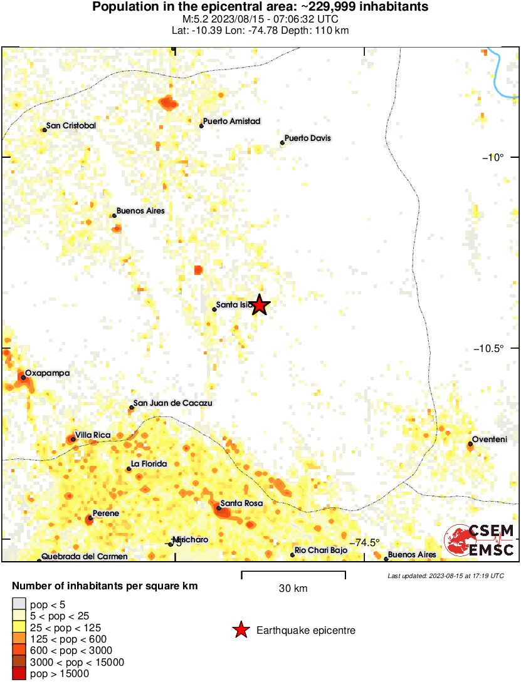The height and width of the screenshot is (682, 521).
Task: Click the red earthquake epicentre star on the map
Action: tap(260, 305)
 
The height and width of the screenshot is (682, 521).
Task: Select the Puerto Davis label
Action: tap(307, 138)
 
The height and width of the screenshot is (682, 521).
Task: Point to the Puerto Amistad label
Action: tap(231, 121)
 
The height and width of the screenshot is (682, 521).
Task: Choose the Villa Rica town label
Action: tap(94, 434)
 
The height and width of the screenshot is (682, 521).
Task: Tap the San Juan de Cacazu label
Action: tap(173, 403)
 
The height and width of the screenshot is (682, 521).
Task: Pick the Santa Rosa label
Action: tap(241, 504)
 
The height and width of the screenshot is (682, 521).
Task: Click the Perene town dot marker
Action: tap(90, 518)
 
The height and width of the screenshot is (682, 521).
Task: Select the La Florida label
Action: tap(149, 464)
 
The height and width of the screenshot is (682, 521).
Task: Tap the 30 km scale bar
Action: tap(293, 572)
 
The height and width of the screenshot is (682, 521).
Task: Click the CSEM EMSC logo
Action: tap(480, 540)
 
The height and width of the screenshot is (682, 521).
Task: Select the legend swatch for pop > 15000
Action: tap(19, 674)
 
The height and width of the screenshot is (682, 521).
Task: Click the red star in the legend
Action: tap(241, 631)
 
